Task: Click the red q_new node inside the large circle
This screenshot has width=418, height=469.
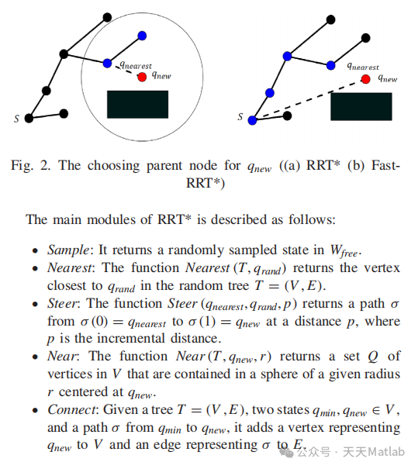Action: pos(141,77)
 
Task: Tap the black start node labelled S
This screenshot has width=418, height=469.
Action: pos(29,119)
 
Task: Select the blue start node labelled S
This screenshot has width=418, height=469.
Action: pos(252,119)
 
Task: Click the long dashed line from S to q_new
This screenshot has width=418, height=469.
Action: pos(310,98)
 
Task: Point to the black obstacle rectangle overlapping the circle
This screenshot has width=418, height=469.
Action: pos(137,105)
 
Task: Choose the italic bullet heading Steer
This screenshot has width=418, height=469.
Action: pos(62,304)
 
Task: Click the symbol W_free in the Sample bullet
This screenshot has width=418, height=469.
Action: pos(346,251)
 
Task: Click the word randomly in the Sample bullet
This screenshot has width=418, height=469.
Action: pos(175,250)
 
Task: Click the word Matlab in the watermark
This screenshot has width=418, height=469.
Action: pos(385,452)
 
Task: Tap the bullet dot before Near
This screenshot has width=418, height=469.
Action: pos(35,358)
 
